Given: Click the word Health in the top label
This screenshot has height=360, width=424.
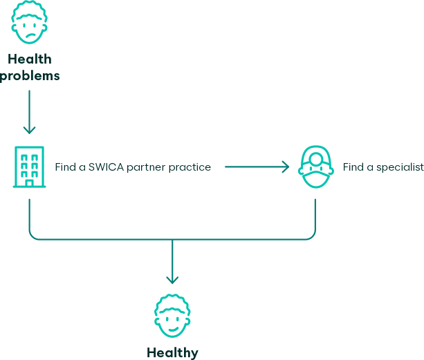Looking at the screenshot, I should coord(30,59).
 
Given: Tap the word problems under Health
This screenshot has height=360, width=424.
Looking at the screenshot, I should coord(30,75).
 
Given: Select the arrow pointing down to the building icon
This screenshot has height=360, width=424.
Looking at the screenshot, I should coord(28,129).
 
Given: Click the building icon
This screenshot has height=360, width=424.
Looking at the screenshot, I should coord(28,167).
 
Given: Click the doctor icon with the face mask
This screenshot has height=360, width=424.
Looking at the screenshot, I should coord(315,168).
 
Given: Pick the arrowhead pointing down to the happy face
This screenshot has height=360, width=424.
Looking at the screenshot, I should coord(172,279).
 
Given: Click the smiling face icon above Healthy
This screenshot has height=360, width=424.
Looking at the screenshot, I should coord(172,316).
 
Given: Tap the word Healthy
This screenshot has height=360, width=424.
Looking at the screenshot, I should coord(172,352).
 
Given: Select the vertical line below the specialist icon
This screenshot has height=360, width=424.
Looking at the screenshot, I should coord(315,214).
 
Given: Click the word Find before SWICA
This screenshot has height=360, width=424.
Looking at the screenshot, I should coord(65,167).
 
